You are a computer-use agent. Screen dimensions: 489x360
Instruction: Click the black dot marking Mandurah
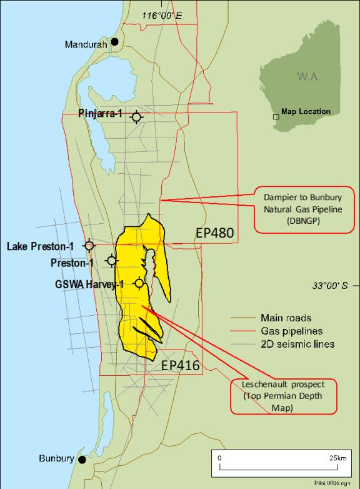click(x=115, y=42)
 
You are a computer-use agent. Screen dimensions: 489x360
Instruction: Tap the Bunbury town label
click(x=56, y=458)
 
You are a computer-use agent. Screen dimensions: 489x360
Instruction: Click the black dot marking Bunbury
click(x=82, y=459)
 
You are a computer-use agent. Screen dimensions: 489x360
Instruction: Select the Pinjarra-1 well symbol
click(x=137, y=116)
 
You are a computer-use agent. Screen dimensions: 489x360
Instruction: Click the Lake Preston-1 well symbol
click(x=90, y=245)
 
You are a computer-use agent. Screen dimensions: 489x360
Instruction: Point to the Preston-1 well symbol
click(x=112, y=260)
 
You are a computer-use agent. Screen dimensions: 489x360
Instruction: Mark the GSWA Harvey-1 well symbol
click(x=139, y=284)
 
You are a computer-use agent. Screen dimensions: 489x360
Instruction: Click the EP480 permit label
click(x=214, y=233)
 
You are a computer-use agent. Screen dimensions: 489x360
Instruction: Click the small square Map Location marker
click(x=276, y=117)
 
